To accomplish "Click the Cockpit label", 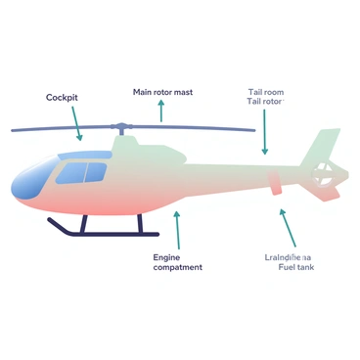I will (64, 97).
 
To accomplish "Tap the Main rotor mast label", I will (162, 92).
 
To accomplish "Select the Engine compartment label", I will (177, 262).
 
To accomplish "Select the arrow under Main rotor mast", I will (162, 110).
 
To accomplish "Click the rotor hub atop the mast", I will (121, 128).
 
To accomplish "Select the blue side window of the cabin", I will (81, 174).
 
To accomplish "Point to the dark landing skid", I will (98, 232).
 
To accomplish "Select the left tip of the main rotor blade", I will (14, 129).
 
